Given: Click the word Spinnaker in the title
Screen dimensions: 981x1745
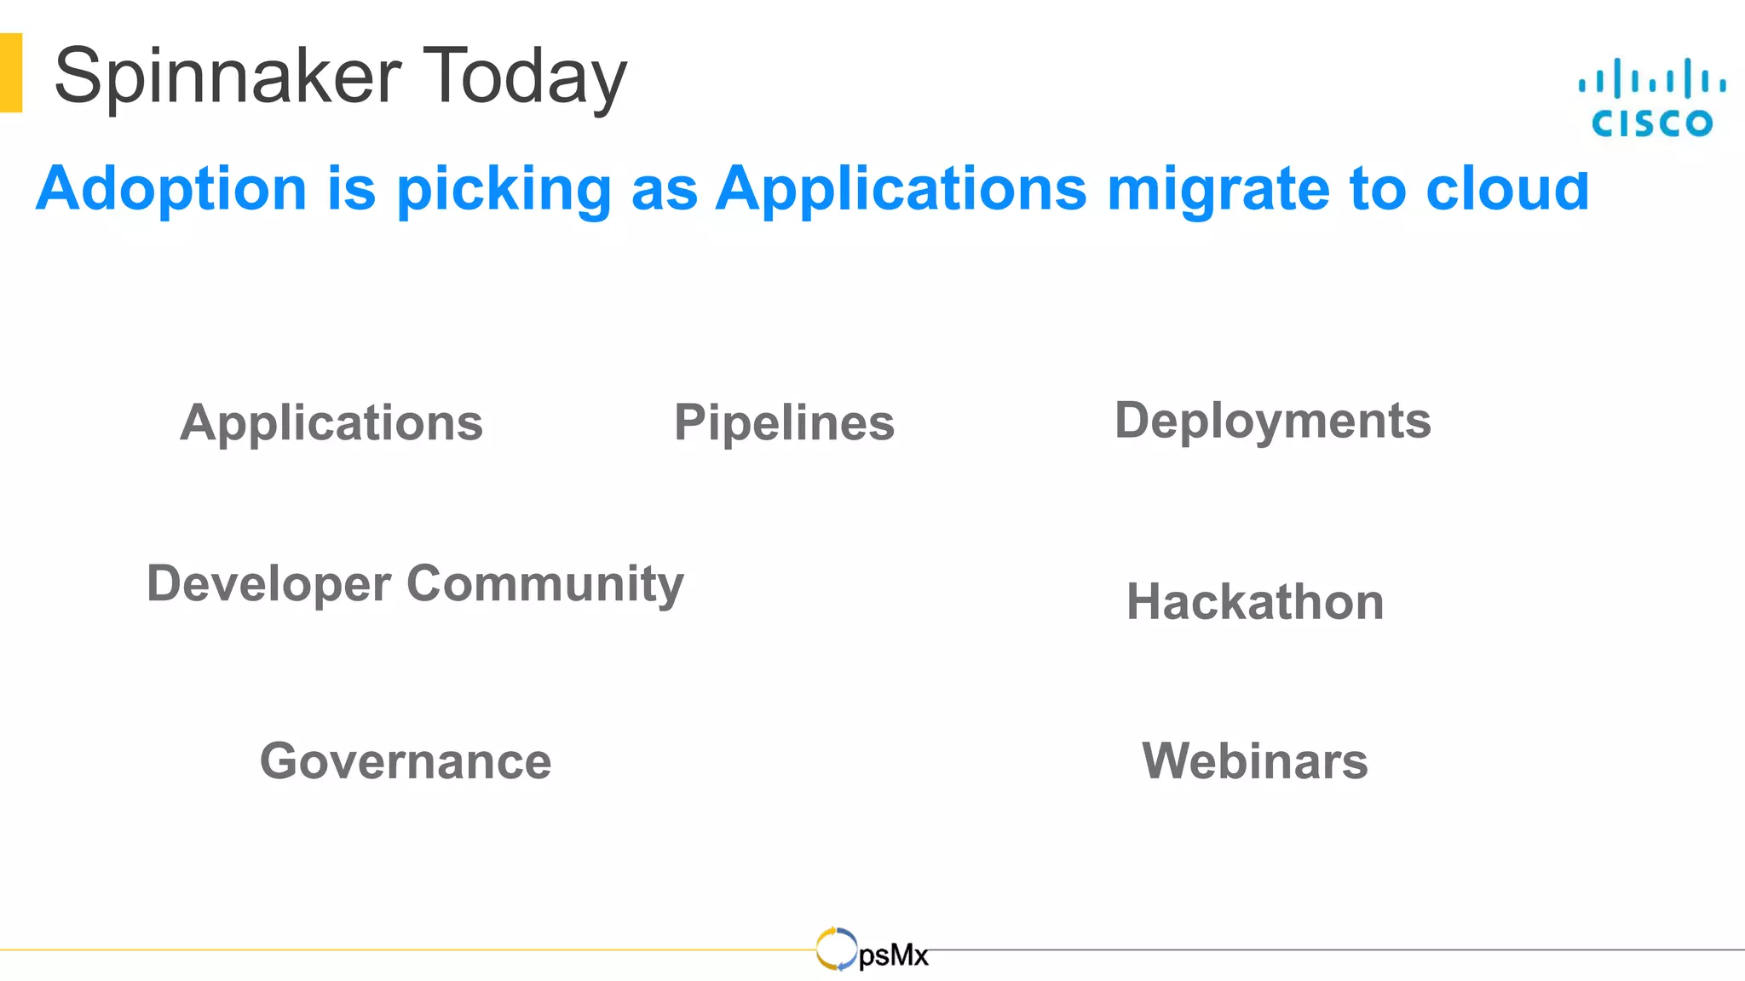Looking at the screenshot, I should click(x=227, y=77).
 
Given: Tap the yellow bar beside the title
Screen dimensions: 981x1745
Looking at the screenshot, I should click(x=11, y=72).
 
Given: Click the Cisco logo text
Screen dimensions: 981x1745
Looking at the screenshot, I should click(x=1651, y=123).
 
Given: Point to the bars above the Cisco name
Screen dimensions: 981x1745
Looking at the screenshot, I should click(x=1651, y=79).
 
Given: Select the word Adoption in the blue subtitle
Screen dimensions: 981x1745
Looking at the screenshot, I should click(x=171, y=189).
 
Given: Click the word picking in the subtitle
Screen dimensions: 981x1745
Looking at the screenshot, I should click(x=504, y=189).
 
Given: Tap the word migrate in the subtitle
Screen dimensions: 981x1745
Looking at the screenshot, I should click(x=1218, y=189).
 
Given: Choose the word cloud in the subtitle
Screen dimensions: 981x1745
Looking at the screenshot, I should click(x=1507, y=189).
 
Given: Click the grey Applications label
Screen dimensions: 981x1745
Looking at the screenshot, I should click(x=331, y=423).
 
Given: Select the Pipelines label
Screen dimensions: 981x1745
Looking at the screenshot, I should click(x=784, y=423).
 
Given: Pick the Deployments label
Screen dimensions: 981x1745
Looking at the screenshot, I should click(x=1272, y=421).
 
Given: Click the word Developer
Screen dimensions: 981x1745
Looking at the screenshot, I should click(x=268, y=584).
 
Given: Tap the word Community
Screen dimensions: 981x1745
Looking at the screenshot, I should click(x=545, y=584).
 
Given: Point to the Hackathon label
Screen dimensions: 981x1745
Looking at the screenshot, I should click(x=1254, y=602).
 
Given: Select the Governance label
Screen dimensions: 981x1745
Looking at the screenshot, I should click(x=406, y=761).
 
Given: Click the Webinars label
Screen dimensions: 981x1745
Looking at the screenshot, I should click(x=1254, y=761).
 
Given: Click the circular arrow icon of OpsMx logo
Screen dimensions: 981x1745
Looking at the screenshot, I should click(x=836, y=949).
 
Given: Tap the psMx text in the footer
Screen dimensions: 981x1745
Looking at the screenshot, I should click(x=893, y=956).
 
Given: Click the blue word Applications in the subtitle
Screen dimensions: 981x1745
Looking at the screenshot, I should click(x=901, y=189).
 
